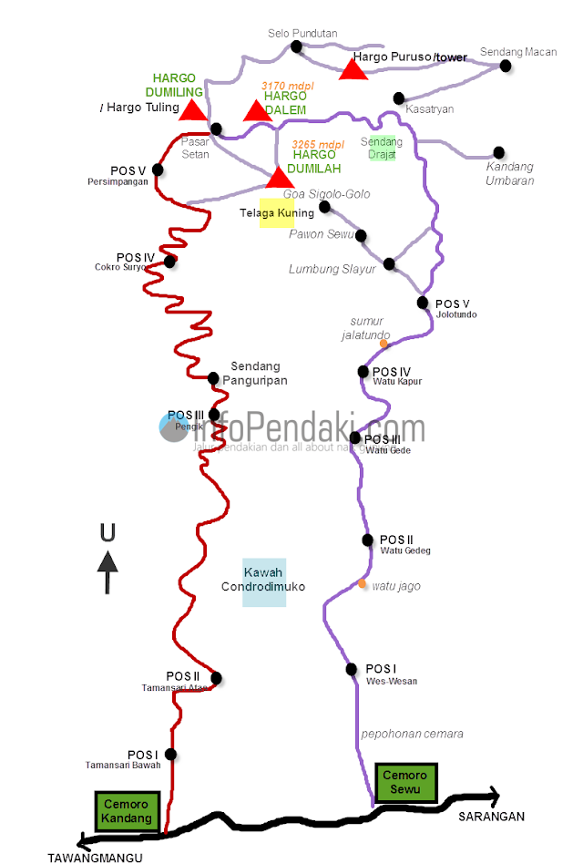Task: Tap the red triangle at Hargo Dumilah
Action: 278,177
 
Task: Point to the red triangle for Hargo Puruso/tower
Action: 353,68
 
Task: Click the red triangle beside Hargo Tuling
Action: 192,110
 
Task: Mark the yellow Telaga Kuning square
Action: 277,211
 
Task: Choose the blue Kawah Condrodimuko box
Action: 264,581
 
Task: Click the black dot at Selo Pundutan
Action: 295,46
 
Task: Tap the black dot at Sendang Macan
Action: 508,66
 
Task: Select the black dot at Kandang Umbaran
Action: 498,152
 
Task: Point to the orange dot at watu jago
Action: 363,584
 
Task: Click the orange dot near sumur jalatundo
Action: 384,344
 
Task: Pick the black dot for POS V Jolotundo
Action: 423,303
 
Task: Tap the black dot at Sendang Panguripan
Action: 213,377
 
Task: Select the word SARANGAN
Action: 491,817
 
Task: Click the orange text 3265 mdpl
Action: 318,144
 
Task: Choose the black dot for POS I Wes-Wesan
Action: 352,669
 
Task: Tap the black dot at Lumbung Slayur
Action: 389,264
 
